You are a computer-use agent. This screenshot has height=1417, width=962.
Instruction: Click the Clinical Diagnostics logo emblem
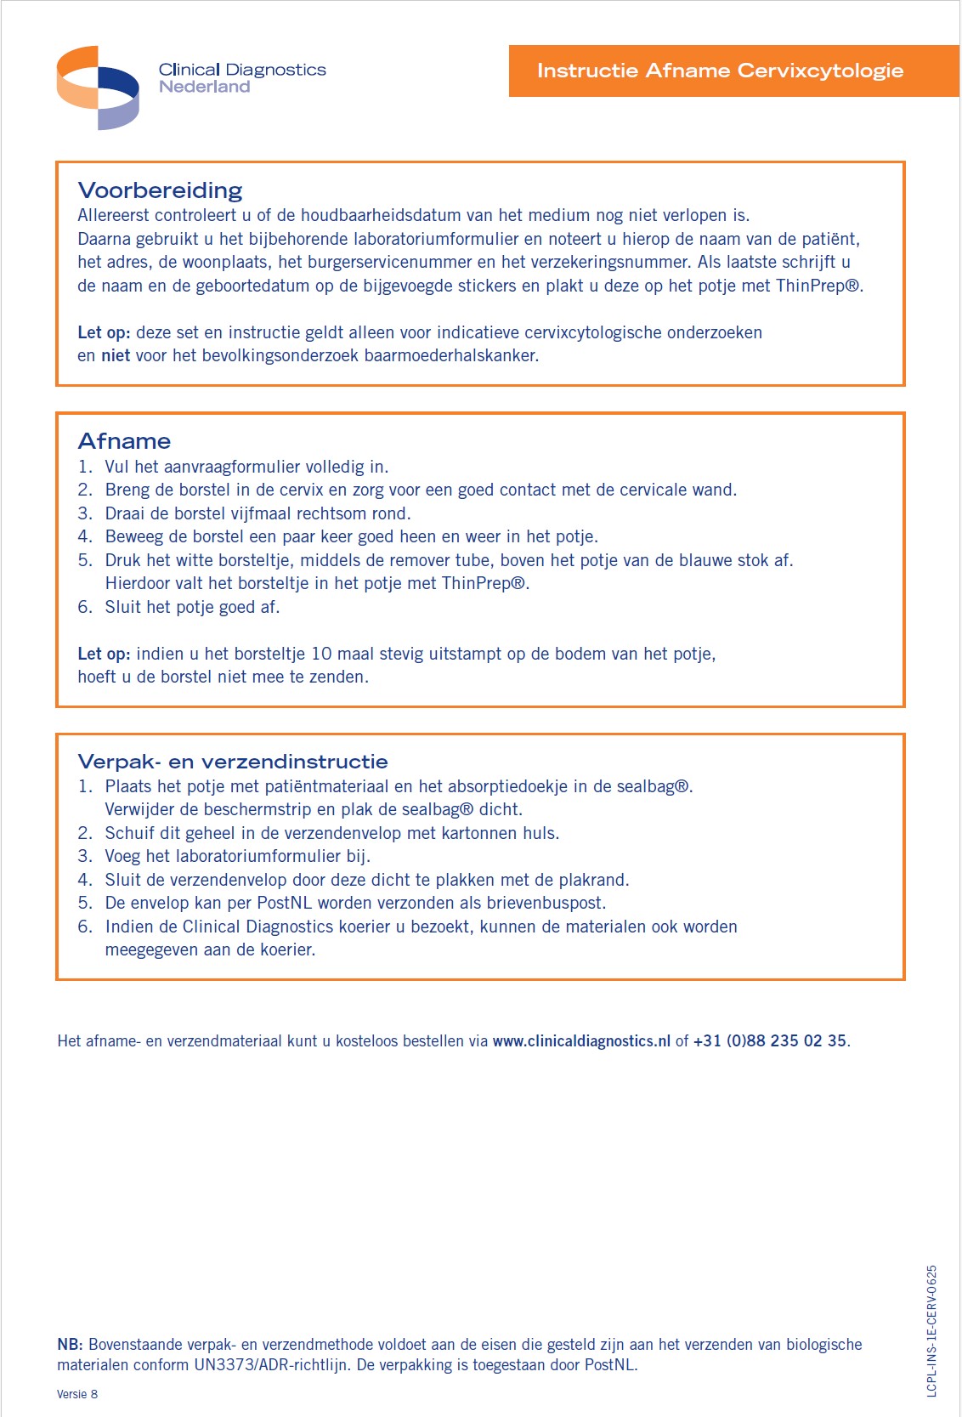click(x=98, y=88)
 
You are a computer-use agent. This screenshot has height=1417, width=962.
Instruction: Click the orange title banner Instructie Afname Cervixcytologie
click(x=720, y=71)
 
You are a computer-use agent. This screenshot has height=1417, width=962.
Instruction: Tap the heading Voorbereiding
click(x=160, y=190)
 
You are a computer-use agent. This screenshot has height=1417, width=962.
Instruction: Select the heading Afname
click(x=124, y=440)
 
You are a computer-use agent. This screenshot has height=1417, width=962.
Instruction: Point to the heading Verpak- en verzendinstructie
click(x=233, y=761)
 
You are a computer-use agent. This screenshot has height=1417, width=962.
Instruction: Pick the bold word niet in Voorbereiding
click(x=116, y=355)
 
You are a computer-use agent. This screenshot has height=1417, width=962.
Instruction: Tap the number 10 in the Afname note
click(x=321, y=654)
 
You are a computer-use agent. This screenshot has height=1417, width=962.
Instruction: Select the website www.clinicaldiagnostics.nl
click(x=581, y=1040)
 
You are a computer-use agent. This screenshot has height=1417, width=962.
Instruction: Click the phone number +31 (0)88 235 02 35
click(x=769, y=1040)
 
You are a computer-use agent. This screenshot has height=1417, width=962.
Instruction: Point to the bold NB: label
click(x=70, y=1344)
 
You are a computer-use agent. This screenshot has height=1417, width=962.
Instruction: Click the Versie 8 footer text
click(x=77, y=1394)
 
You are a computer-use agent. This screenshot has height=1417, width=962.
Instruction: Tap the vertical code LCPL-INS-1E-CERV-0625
click(x=931, y=1330)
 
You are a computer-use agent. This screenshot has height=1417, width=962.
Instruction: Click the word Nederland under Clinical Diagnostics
click(x=204, y=87)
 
